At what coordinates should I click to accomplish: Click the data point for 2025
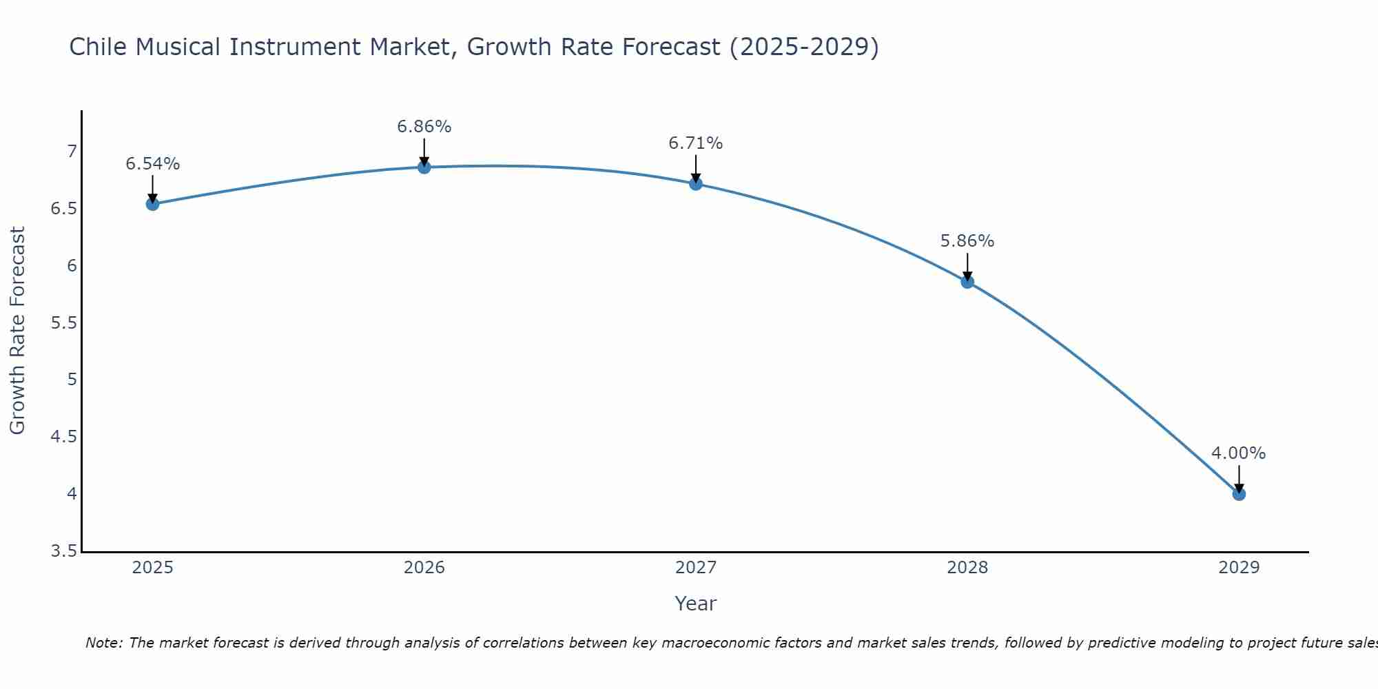153,204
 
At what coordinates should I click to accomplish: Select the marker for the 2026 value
424,167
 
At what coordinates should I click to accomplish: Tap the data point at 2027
696,184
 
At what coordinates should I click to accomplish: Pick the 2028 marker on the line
967,282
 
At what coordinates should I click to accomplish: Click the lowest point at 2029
1239,494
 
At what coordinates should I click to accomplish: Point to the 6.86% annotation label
424,127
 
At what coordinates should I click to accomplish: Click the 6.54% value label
153,164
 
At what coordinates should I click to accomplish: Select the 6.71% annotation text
696,143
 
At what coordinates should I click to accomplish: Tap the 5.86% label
967,241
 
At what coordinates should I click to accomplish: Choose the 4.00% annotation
1239,453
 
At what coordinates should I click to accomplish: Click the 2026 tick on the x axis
424,568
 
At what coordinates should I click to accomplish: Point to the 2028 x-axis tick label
967,568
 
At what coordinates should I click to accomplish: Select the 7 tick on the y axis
72,152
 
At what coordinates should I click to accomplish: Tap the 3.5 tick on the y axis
64,551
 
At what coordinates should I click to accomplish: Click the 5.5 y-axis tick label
64,322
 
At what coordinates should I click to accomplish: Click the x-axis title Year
696,604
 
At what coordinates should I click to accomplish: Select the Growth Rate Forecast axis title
18,331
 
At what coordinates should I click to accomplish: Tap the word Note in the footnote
103,643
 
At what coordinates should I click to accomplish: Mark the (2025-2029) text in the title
804,47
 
